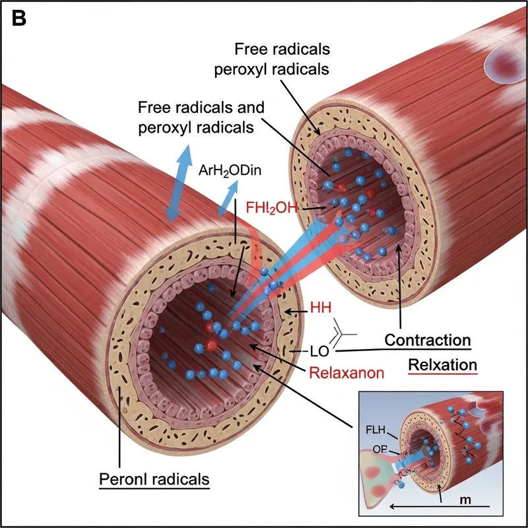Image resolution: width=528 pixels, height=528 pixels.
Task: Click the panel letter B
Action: click(x=19, y=18)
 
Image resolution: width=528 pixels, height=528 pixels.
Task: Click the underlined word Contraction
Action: click(x=427, y=341)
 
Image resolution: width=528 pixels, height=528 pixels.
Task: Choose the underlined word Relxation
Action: click(x=443, y=364)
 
